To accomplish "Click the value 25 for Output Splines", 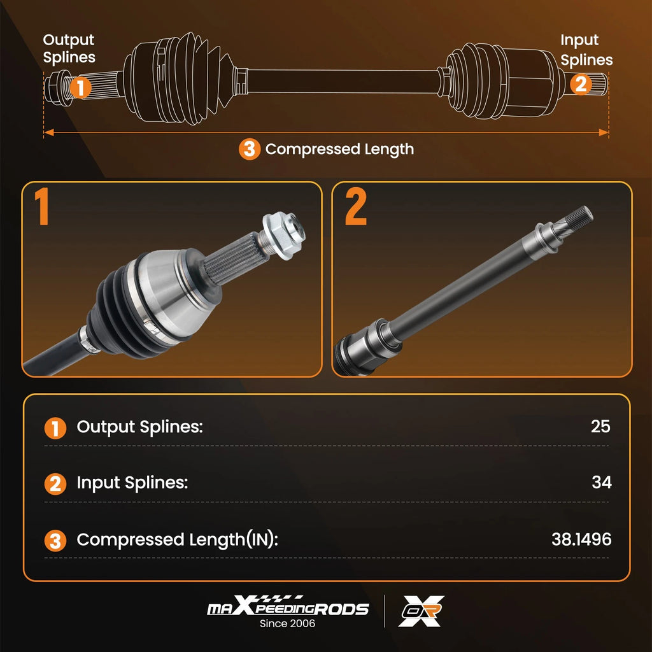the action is (x=600, y=426).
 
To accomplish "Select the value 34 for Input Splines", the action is (x=601, y=483).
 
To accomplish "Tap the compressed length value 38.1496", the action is (x=581, y=539).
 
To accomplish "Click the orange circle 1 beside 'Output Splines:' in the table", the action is (x=55, y=429).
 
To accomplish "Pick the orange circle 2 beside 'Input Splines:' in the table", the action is (x=55, y=485).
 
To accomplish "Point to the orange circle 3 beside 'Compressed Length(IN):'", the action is (x=55, y=541).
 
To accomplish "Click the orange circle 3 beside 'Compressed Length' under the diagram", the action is (x=250, y=149).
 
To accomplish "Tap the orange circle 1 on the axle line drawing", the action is (x=80, y=87).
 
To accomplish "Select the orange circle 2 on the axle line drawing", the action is (x=581, y=85).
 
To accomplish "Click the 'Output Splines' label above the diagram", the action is (x=69, y=48).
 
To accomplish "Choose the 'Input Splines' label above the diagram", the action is (x=586, y=50).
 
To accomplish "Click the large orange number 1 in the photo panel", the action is (x=41, y=206).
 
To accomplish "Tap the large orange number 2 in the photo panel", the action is (x=355, y=206).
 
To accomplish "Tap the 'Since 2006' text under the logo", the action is (x=287, y=623).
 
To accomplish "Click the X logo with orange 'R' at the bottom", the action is (x=421, y=611).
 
